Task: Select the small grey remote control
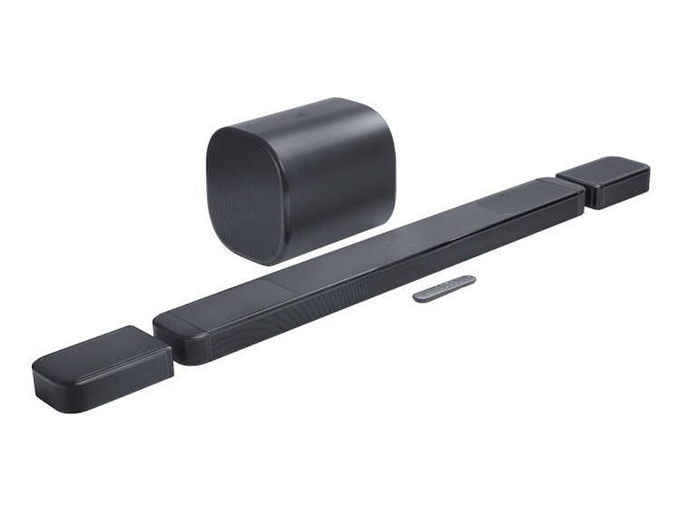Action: [444, 288]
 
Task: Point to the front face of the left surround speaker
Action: [106, 386]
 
